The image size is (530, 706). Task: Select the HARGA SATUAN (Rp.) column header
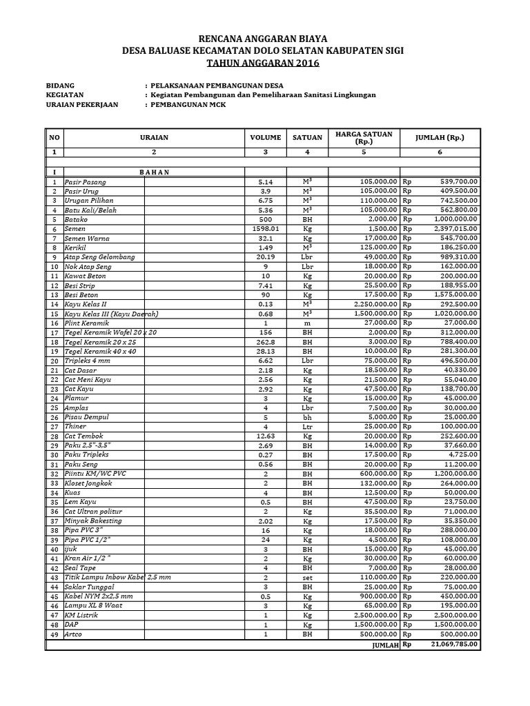point(363,137)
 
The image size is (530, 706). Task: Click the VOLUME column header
point(265,137)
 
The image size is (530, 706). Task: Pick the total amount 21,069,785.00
point(454,644)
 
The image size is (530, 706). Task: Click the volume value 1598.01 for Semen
point(265,228)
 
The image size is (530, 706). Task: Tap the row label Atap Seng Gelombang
point(99,256)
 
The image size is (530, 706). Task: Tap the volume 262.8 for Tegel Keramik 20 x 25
point(265,341)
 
